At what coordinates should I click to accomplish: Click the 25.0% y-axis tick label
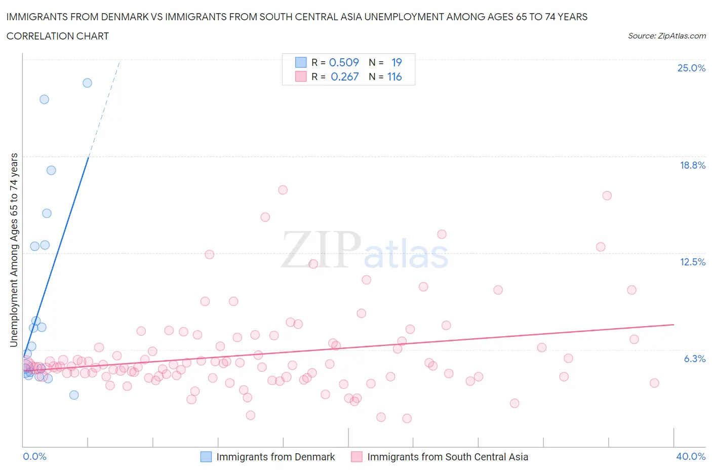coord(691,68)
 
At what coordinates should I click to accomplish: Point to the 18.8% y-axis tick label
coord(692,165)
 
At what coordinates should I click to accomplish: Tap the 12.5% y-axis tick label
coord(692,262)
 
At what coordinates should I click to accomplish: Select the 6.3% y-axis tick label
coord(694,359)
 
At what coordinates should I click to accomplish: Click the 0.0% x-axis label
coord(34,456)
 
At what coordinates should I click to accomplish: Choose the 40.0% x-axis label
coord(691,456)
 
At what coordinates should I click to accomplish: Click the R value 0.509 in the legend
coord(344,62)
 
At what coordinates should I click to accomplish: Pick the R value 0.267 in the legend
coord(344,76)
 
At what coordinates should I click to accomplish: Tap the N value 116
coord(394,76)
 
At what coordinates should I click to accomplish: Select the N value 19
coord(397,62)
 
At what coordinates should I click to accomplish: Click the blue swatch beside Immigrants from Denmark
coord(206,457)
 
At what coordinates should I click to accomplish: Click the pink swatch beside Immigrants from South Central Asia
coord(357,457)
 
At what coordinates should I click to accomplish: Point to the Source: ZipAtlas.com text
coord(666,36)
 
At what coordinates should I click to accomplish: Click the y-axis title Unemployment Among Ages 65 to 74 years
coord(14,250)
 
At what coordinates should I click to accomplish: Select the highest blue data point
coord(87,83)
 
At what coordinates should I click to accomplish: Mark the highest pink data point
coord(283,190)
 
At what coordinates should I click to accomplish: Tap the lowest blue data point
coord(74,395)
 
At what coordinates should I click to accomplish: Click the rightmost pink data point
coord(654,383)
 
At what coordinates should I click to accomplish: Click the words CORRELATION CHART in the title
coord(58,36)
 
